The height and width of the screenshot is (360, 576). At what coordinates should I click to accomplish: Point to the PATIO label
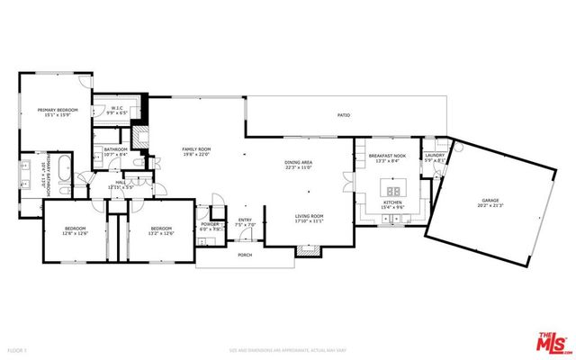[x=344, y=115]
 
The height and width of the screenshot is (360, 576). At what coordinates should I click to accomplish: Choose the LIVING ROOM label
[x=310, y=218]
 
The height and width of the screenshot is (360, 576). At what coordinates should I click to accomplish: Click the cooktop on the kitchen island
[x=392, y=190]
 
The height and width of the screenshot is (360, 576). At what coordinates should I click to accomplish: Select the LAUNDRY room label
[x=435, y=157]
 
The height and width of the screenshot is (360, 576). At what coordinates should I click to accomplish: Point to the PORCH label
[x=245, y=256]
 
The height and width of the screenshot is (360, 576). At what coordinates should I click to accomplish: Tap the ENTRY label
[x=245, y=221]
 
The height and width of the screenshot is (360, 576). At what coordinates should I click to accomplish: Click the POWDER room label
[x=210, y=225]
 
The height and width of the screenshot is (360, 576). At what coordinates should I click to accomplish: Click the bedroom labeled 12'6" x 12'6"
[x=74, y=230]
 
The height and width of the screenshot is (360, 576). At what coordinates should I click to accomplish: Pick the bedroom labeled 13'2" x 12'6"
[x=162, y=230]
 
